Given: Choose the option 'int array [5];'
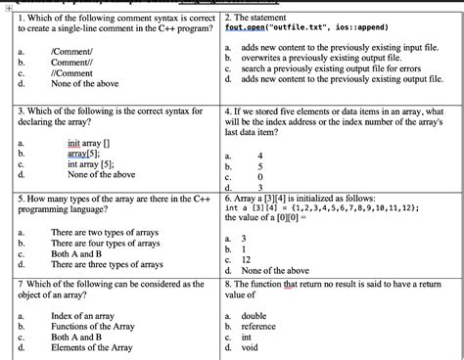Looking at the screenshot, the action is click(90, 164).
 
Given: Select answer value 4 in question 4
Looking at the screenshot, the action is click(259, 155).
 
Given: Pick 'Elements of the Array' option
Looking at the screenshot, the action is click(95, 347).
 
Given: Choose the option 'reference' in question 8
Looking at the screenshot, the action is click(259, 326).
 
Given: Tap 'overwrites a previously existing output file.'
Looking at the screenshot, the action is click(320, 59).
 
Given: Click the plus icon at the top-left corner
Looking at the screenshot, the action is click(7, 6).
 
